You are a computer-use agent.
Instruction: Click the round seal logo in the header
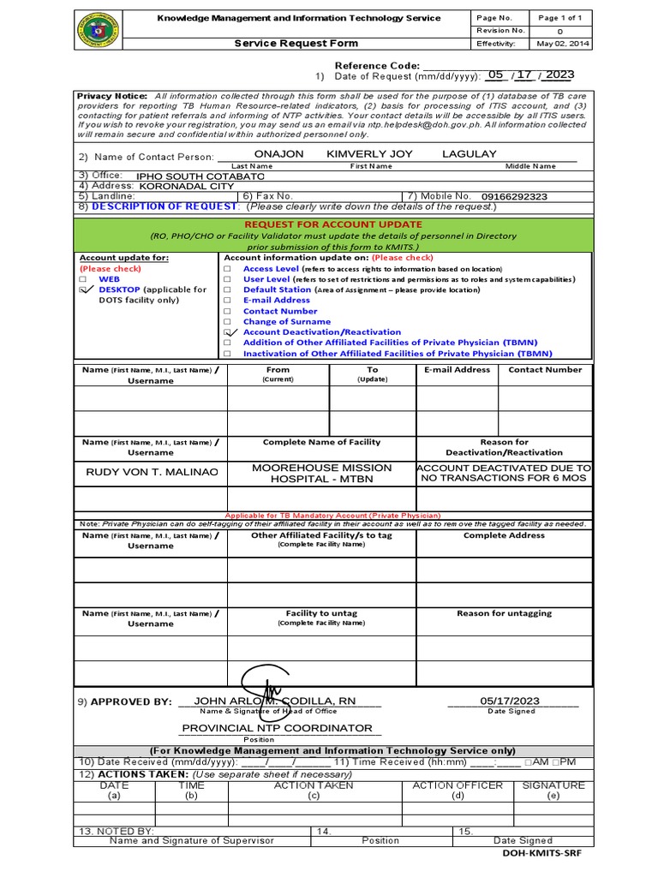click(x=98, y=31)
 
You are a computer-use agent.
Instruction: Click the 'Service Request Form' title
click(x=296, y=44)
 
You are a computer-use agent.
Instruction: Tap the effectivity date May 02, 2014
click(x=561, y=44)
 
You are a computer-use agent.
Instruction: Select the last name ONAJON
click(x=273, y=154)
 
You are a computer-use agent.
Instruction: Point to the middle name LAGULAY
click(x=469, y=154)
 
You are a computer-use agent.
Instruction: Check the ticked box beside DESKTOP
click(x=84, y=290)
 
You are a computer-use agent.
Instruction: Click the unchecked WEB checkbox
click(x=83, y=279)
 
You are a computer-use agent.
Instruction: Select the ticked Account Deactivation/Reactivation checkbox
click(x=228, y=331)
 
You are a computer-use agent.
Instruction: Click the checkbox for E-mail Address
click(x=227, y=301)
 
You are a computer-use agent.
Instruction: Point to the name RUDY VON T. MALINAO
click(x=152, y=473)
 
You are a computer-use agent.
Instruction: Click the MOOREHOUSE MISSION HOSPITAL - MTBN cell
click(x=321, y=473)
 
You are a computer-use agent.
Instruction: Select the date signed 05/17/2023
click(x=510, y=701)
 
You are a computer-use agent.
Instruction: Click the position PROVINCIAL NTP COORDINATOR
click(x=277, y=728)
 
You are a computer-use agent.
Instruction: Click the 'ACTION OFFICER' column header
click(x=458, y=785)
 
